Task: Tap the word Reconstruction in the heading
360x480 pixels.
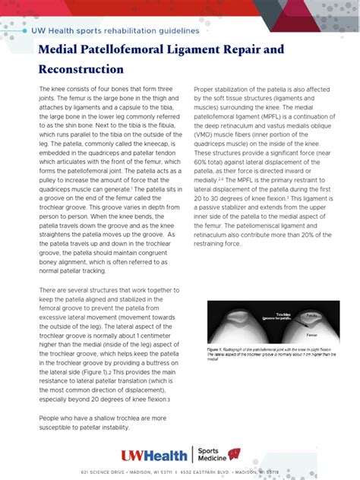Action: [81, 69]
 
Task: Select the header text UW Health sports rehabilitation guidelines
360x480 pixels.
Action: [115, 30]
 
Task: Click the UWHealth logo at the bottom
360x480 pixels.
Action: [154, 456]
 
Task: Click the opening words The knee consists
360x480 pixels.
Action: [65, 88]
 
